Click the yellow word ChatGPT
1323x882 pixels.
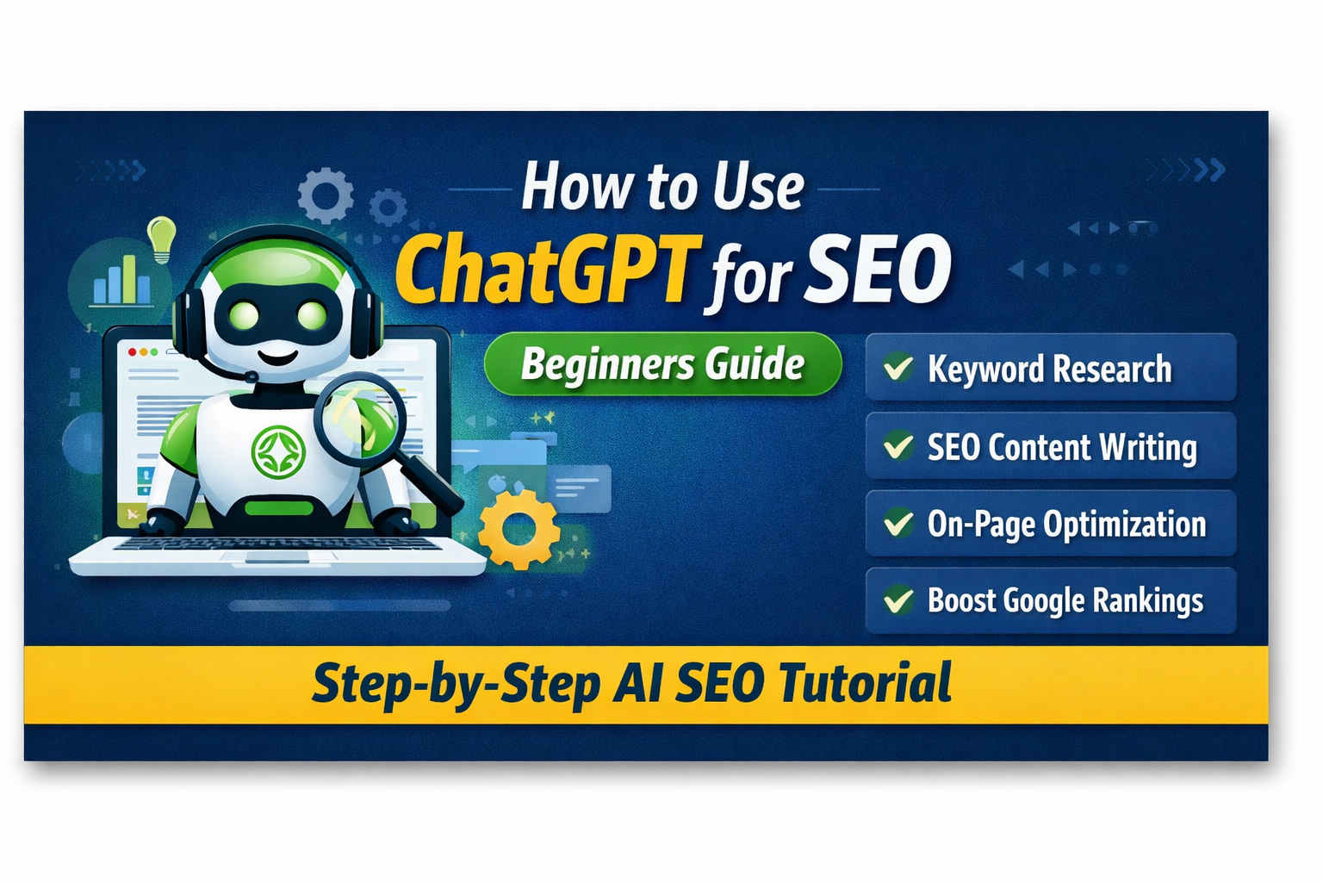pos(544,270)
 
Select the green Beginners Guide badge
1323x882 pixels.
pos(662,363)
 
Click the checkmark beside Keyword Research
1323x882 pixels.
pos(898,368)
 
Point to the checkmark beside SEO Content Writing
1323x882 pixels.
pos(898,446)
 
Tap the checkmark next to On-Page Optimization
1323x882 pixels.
pos(898,523)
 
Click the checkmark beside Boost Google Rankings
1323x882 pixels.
pos(898,599)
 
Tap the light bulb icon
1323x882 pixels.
pos(161,238)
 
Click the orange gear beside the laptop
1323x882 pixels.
pos(519,528)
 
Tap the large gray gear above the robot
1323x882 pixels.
pos(326,196)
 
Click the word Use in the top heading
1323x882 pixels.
pos(758,187)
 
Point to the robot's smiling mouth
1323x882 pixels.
pos(278,353)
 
